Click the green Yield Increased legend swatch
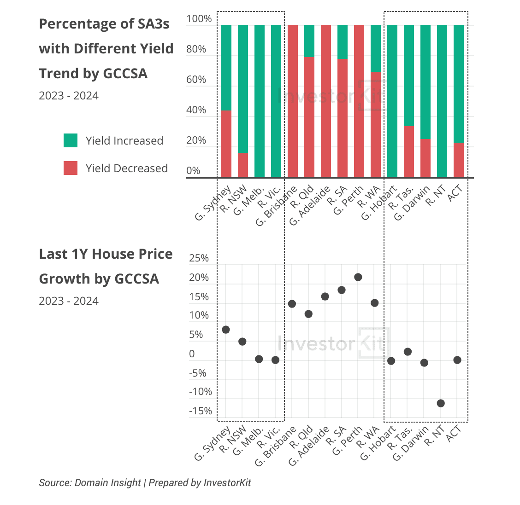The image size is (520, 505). tap(71, 140)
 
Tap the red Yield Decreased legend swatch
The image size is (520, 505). tap(71, 168)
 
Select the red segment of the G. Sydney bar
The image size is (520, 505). tap(226, 144)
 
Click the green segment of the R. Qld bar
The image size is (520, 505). tap(309, 41)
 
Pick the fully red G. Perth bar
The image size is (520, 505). tap(359, 101)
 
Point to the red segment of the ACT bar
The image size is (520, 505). tap(458, 160)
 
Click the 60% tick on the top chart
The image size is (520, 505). tap(196, 80)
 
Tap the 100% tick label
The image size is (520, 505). tap(199, 19)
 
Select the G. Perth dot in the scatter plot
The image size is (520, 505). tap(358, 277)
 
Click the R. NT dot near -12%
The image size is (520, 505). tap(441, 403)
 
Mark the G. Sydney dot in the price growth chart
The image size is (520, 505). tap(226, 330)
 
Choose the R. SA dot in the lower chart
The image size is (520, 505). tap(342, 290)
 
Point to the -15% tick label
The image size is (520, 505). tap(200, 411)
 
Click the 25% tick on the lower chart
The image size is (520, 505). tap(199, 258)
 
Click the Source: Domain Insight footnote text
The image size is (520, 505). tap(90, 482)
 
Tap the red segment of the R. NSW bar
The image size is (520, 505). tap(242, 165)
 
